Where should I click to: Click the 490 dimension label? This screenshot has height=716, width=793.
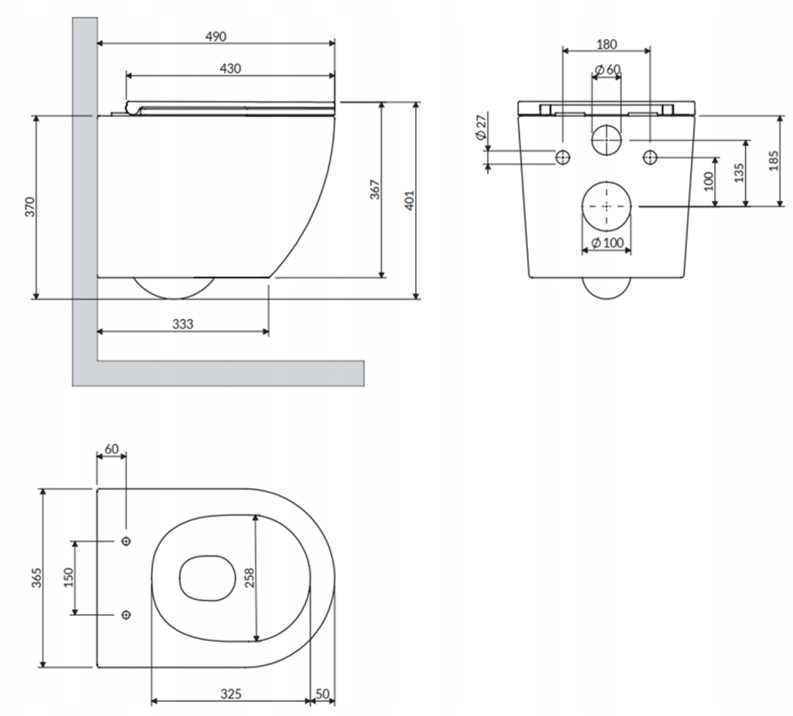coord(216,36)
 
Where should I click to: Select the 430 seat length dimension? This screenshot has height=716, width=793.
coord(230,68)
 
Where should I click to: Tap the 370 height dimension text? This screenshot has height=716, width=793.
coord(30,207)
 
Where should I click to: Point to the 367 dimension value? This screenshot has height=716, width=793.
coord(374,190)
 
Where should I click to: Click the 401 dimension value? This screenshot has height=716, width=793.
coord(409,200)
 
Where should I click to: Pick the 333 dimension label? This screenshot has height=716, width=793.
coord(183,324)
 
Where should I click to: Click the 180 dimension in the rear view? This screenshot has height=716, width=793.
coord(607,44)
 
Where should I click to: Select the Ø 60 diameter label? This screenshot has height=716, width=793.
coord(608,69)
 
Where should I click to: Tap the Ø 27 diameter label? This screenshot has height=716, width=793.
coord(481,128)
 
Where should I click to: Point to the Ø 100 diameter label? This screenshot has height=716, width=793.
coord(608,243)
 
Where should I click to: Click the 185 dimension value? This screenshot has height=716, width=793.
coord(773,161)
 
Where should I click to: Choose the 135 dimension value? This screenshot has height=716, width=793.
coord(739,173)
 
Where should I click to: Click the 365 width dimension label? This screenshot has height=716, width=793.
coord(36,578)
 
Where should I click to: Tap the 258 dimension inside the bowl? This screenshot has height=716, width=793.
coord(249,578)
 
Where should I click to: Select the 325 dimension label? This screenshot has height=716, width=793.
coord(231,694)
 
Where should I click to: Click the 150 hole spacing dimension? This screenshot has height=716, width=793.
coord(68,578)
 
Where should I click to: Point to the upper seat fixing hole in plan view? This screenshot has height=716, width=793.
coord(127,541)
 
